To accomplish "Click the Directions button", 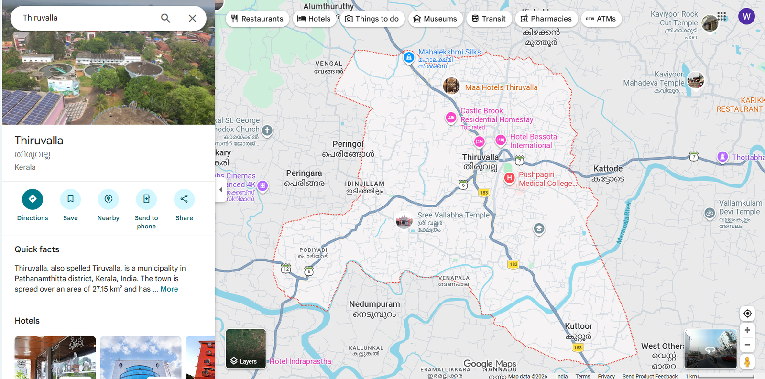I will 33,199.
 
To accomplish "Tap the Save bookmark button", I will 70,199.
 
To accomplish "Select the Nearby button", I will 109,199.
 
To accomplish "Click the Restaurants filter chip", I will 257,19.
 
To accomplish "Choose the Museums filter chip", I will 435,19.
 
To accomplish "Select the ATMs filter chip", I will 601,19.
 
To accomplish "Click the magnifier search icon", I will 165,18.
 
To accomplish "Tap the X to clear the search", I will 192,18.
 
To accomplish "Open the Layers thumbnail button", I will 246,348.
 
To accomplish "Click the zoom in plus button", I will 747,330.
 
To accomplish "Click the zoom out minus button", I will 747,345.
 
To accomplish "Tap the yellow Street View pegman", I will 747,362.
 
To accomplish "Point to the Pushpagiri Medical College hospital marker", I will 509,178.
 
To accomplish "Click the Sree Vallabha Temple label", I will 453,215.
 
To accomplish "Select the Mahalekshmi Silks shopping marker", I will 409,58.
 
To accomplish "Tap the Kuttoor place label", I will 579,326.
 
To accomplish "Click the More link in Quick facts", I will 169,289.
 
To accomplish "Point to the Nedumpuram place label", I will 374,304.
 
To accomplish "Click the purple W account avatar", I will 746,17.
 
